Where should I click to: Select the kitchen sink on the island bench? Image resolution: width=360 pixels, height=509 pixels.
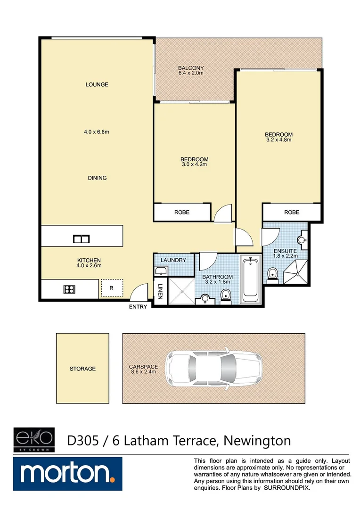[x=81, y=238]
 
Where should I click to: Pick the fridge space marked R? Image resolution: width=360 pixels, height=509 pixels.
[x=111, y=287]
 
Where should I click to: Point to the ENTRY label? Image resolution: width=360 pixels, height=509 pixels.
[x=138, y=307]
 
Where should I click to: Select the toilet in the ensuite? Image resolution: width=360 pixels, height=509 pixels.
[x=272, y=273]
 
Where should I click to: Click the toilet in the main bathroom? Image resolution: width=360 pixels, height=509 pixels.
[x=226, y=296]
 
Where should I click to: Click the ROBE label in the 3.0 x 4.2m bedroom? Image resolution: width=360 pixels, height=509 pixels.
[x=182, y=213]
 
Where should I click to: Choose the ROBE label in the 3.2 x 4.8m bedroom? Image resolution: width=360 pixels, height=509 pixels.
[x=292, y=213]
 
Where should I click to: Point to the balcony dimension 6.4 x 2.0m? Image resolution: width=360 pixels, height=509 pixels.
[x=191, y=74]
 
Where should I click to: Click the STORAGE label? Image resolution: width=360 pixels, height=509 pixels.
[x=82, y=369]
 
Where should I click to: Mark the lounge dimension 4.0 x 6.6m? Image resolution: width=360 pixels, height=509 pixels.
[x=97, y=132]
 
